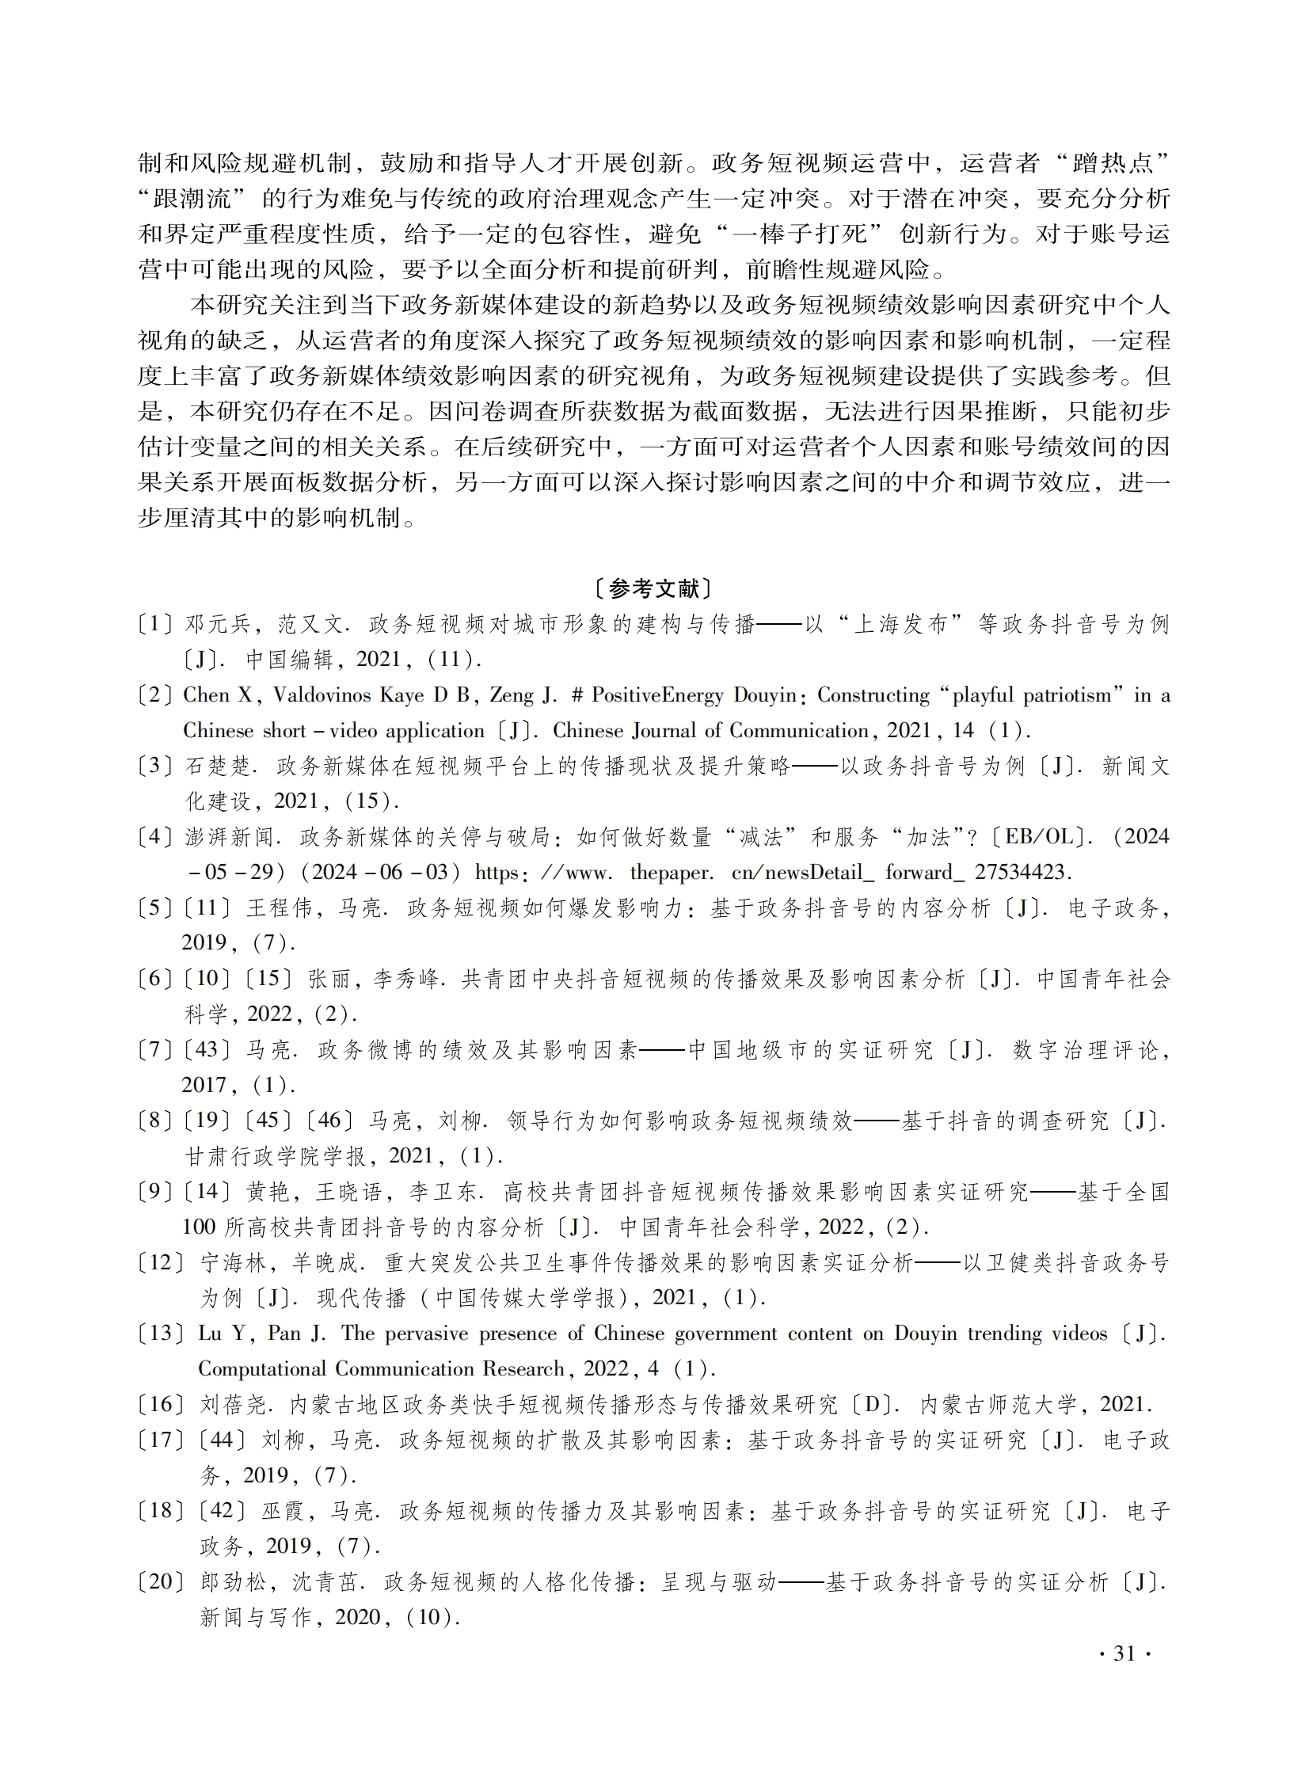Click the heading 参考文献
[x=654, y=589]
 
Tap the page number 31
[x=1124, y=1654]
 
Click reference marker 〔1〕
[x=155, y=624]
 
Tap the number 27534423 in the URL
[x=1022, y=873]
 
